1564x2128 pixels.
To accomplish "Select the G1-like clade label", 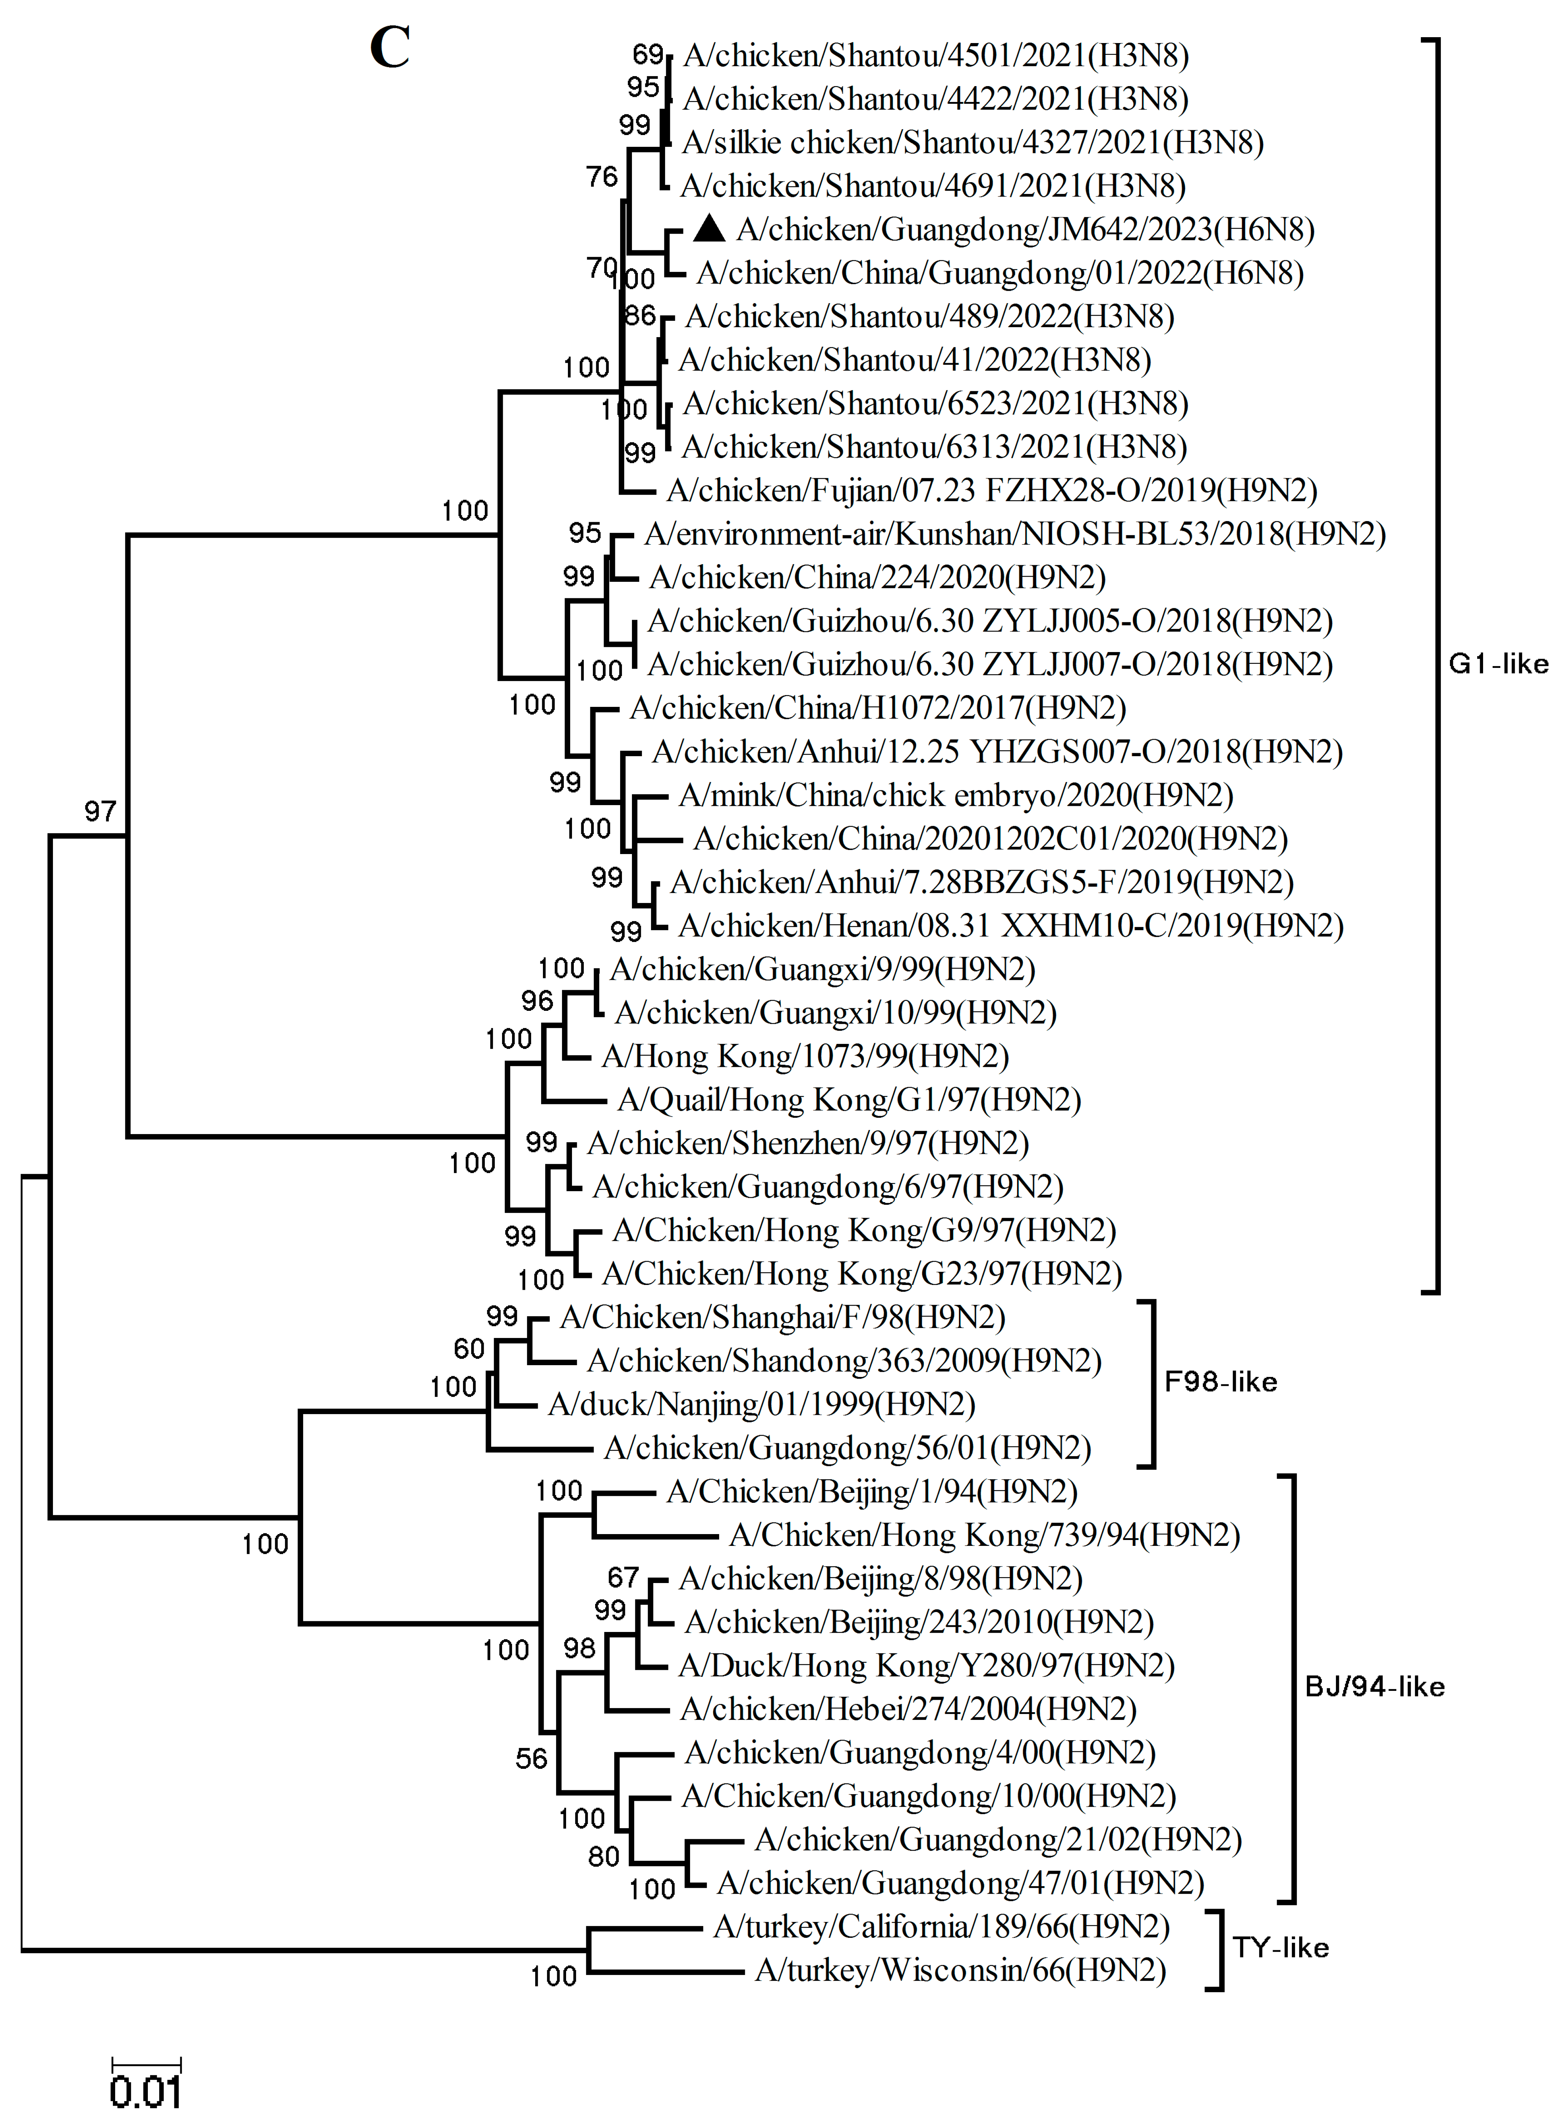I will coord(1498,664).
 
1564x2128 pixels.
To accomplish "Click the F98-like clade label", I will coord(1220,1382).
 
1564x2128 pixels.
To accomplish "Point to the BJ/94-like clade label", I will coord(1375,1687).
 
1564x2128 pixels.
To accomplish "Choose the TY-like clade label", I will coord(1280,1948).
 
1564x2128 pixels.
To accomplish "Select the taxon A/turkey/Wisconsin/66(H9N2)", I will coord(960,1971).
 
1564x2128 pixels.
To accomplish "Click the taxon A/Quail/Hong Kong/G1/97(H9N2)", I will coord(849,1100).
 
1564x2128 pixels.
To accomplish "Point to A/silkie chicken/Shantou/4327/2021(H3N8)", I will coord(972,142).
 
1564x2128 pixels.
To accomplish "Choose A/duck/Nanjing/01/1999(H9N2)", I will coord(761,1405).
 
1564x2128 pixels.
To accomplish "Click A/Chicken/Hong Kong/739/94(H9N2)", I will coord(985,1535).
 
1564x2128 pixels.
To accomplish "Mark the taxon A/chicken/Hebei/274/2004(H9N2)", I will coord(908,1709).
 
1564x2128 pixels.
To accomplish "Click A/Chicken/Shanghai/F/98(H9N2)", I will coord(782,1317).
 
